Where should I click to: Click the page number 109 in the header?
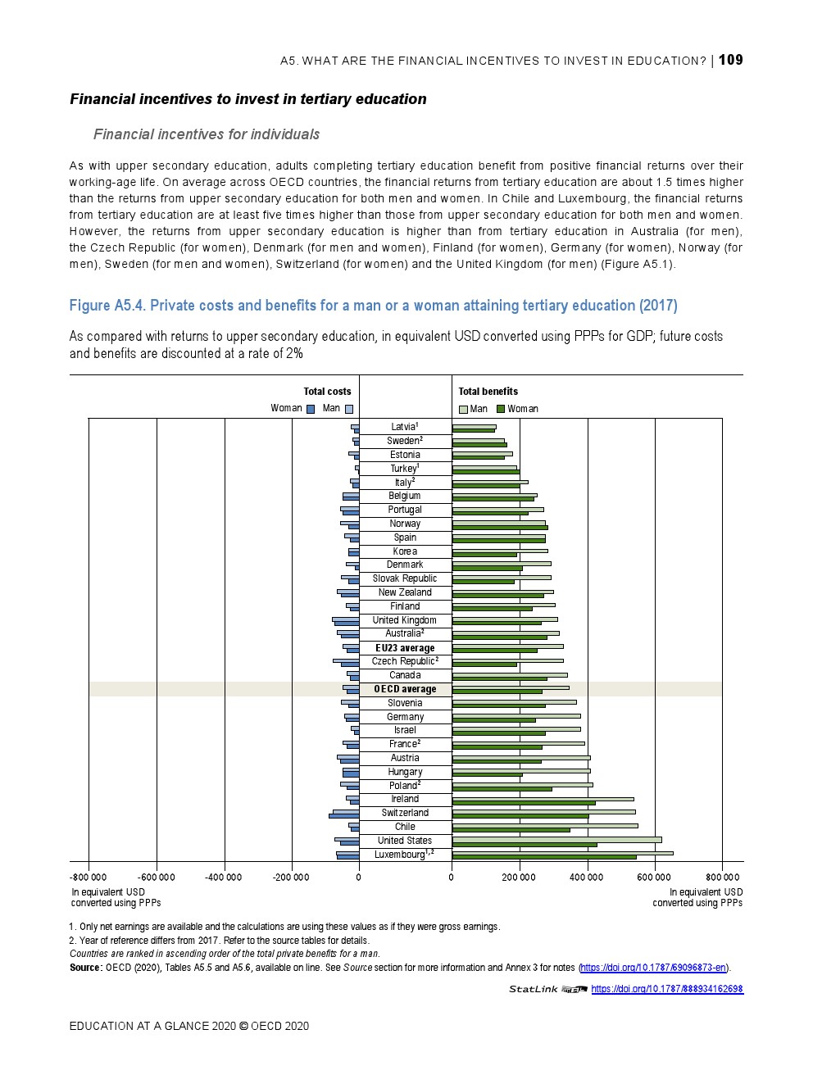(x=731, y=60)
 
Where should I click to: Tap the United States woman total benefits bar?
(x=525, y=844)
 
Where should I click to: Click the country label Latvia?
(x=404, y=427)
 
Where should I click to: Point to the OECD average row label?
(x=405, y=689)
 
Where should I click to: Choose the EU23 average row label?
(x=405, y=648)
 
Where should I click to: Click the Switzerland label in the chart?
(x=405, y=813)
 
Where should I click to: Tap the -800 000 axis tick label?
(x=89, y=878)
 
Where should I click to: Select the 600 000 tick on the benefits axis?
(x=654, y=878)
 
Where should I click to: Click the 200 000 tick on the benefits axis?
(x=519, y=878)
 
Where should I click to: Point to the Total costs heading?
(x=327, y=392)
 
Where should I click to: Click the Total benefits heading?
(x=488, y=392)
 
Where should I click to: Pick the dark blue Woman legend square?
(x=311, y=409)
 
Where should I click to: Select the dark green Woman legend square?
(x=501, y=409)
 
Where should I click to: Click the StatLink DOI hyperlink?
(x=666, y=989)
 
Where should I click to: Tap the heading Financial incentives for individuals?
(x=207, y=134)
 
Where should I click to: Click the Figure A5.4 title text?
(x=373, y=306)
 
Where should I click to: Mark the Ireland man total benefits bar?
(x=543, y=798)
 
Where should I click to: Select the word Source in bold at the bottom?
(x=85, y=968)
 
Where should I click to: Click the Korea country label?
(x=405, y=551)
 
